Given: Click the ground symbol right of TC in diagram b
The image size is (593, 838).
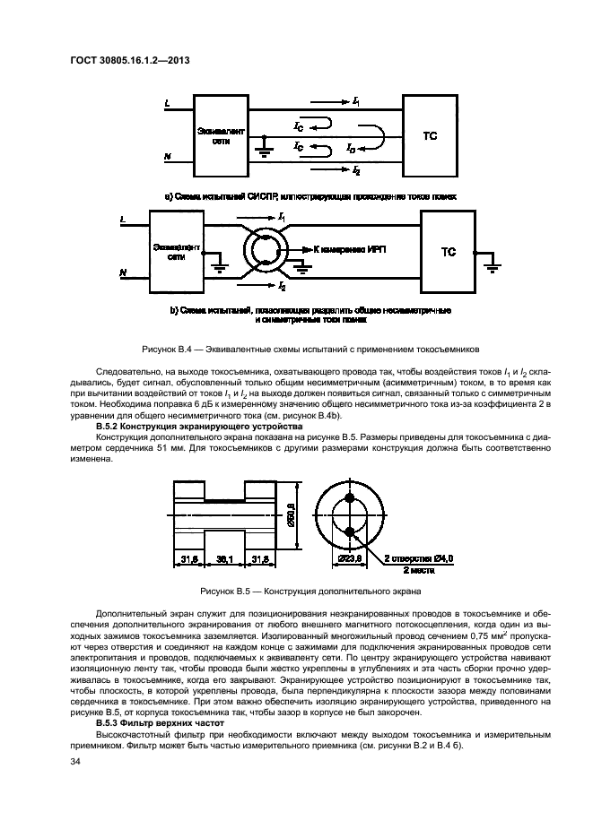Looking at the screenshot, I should point(491,263).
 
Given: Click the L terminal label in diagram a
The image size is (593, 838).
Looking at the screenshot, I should point(167,104).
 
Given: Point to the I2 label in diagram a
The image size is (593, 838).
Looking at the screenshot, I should point(358,169).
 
